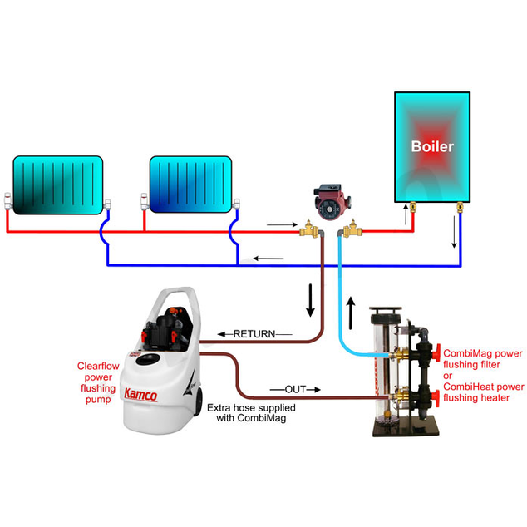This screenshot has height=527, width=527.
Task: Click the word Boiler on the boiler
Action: [432, 146]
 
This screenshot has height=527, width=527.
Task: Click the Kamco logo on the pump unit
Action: [140, 395]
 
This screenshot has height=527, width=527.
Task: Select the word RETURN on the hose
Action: [254, 334]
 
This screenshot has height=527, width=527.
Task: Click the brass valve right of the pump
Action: [354, 229]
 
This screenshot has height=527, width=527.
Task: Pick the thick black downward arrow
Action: [312, 301]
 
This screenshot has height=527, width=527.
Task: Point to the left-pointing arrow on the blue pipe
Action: [262, 259]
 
